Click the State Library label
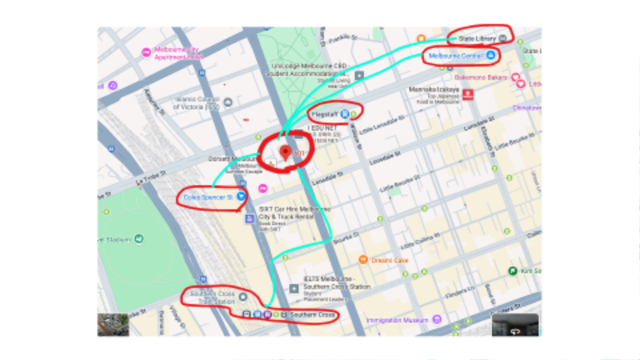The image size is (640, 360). coord(474,38)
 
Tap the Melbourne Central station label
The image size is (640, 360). coord(454,56)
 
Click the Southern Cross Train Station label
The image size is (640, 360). coord(209,298)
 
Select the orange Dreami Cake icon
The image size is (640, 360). coord(362,260)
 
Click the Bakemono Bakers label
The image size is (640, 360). coord(481,78)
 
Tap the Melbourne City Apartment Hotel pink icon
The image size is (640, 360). coord(146,53)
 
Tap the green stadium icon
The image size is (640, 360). coord(139,238)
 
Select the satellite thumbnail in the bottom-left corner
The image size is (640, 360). coord(112,324)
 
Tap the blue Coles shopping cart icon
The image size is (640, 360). coord(241,195)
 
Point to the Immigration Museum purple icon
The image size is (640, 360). coord(437,320)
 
